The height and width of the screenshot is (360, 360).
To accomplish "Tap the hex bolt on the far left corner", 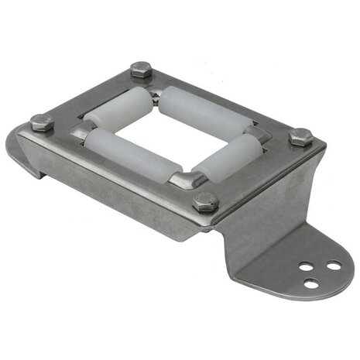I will [x=43, y=122].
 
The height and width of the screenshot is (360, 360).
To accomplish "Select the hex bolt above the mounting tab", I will [x=300, y=136].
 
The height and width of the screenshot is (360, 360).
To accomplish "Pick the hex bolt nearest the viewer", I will [x=206, y=202].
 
